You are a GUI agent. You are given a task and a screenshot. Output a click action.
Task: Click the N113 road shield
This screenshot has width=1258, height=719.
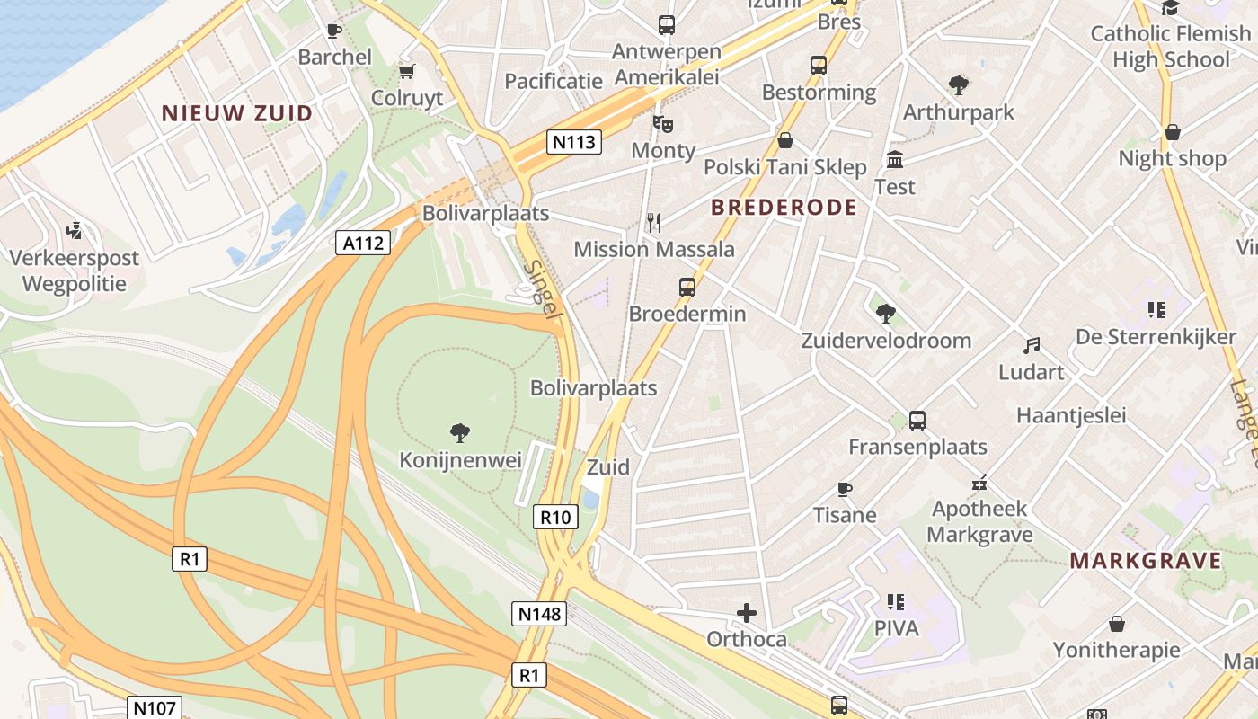(x=574, y=142)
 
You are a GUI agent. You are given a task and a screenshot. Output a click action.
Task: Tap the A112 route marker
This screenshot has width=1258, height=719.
(x=363, y=243)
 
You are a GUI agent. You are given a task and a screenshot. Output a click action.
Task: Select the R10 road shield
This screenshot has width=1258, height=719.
(x=556, y=517)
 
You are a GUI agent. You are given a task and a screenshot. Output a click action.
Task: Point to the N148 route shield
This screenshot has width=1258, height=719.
(x=539, y=614)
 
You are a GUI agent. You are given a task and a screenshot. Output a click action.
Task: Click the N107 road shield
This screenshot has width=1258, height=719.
(x=155, y=707)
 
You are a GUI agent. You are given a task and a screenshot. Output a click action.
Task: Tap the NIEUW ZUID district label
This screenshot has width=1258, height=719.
(x=237, y=113)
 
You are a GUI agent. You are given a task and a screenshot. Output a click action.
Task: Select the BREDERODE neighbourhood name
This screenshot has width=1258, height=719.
(x=784, y=208)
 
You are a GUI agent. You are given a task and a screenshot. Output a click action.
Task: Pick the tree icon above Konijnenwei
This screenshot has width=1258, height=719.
(x=460, y=433)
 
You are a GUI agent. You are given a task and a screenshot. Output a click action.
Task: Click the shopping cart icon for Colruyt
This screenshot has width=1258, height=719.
(x=407, y=71)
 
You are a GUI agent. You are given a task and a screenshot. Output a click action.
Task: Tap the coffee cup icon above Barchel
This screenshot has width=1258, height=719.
(x=334, y=31)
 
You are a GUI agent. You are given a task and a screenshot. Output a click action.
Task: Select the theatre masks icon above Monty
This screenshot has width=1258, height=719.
(x=663, y=123)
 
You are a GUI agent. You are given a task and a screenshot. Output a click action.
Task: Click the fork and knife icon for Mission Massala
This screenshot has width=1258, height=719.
(x=654, y=223)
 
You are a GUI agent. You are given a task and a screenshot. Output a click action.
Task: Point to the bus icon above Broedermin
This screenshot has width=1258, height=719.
(x=687, y=288)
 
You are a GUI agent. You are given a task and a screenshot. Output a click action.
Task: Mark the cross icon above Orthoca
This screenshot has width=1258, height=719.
(x=747, y=613)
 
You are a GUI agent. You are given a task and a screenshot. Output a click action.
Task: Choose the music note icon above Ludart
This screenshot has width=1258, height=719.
(x=1032, y=346)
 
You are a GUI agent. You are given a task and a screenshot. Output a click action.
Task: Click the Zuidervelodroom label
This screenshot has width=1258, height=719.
(x=886, y=341)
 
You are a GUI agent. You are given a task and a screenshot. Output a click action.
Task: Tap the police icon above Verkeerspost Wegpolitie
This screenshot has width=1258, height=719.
(x=75, y=231)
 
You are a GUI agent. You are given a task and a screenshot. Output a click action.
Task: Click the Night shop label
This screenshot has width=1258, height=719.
(x=1172, y=159)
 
